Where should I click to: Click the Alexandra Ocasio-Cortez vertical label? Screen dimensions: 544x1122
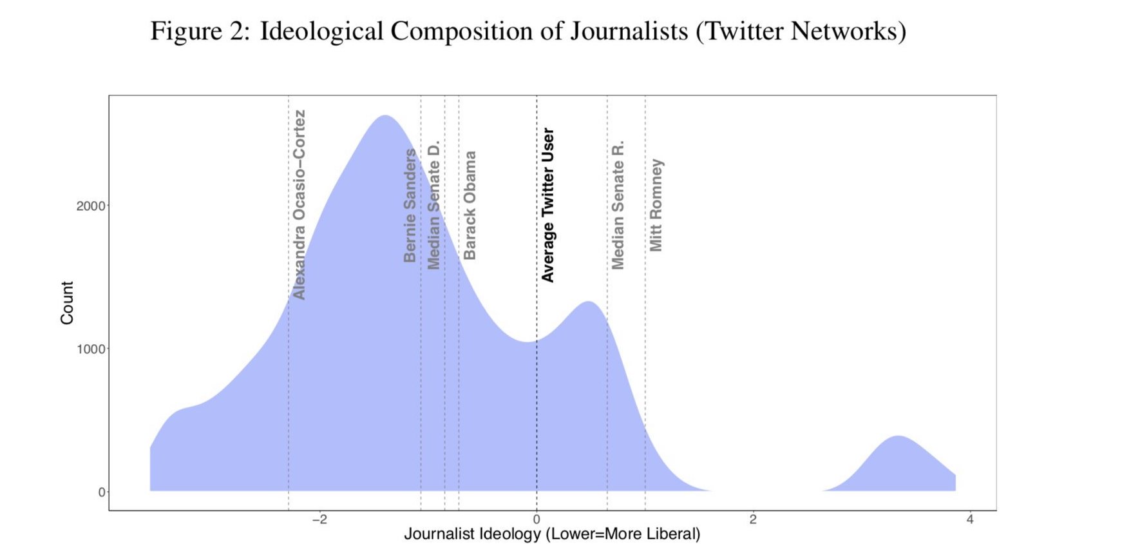coord(299,205)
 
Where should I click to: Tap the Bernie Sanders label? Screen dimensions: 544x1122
coord(410,206)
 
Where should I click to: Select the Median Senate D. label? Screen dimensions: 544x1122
coord(434,205)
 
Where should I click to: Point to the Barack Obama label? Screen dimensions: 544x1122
coord(470,206)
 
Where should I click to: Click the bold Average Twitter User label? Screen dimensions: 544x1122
coord(548,205)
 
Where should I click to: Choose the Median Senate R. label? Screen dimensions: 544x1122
coord(618,205)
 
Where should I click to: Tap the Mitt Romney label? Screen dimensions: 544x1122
coord(656,206)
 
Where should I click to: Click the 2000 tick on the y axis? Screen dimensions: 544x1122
coord(90,206)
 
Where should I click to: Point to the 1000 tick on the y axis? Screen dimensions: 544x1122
coord(90,349)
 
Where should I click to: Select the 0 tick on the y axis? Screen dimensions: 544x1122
coord(101,492)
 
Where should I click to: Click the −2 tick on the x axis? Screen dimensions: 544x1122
coord(319,520)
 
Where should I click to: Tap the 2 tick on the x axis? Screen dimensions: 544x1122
coord(753,520)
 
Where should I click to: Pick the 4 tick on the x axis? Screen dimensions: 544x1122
coord(970,520)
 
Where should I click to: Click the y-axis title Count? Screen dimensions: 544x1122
coord(67,302)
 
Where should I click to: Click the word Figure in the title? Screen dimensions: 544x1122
coord(185,31)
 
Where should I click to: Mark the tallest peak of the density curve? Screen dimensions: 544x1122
coord(385,117)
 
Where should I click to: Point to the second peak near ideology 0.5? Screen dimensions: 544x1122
coord(589,303)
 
